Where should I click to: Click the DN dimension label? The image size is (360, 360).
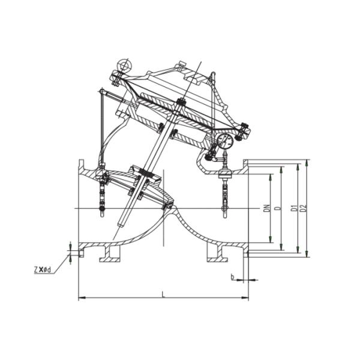click(266, 208)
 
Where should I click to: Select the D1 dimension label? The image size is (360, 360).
click(293, 208)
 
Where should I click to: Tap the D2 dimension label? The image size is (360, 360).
click(304, 208)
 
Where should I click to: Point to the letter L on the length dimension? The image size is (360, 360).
click(163, 294)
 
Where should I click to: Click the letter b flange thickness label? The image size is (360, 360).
click(233, 277)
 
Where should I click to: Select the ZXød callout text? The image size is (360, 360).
click(42, 270)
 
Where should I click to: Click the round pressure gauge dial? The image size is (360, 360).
click(225, 141)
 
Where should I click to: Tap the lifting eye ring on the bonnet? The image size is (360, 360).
click(124, 65)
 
